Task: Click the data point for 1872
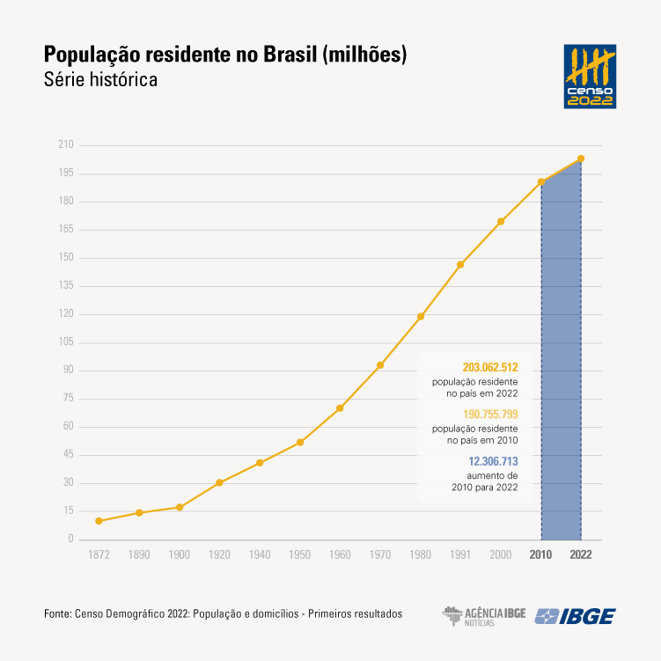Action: click(x=99, y=521)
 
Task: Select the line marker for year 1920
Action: click(x=219, y=482)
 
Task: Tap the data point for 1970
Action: click(x=380, y=365)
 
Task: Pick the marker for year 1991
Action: click(x=460, y=265)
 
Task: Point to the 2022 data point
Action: click(x=581, y=158)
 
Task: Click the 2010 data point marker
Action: click(x=541, y=182)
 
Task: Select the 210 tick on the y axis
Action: click(x=66, y=145)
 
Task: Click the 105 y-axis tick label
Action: click(x=66, y=342)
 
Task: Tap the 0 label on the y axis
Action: click(x=70, y=540)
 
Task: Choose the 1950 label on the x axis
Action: click(x=299, y=555)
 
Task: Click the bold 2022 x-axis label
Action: click(x=581, y=555)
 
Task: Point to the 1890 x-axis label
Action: click(x=139, y=555)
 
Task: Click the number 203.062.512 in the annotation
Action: click(x=489, y=367)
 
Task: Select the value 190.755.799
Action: click(x=489, y=414)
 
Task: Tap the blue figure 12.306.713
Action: click(x=492, y=460)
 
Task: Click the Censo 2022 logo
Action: click(x=590, y=77)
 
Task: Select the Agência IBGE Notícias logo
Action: click(x=483, y=615)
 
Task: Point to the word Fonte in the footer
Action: click(x=57, y=613)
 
